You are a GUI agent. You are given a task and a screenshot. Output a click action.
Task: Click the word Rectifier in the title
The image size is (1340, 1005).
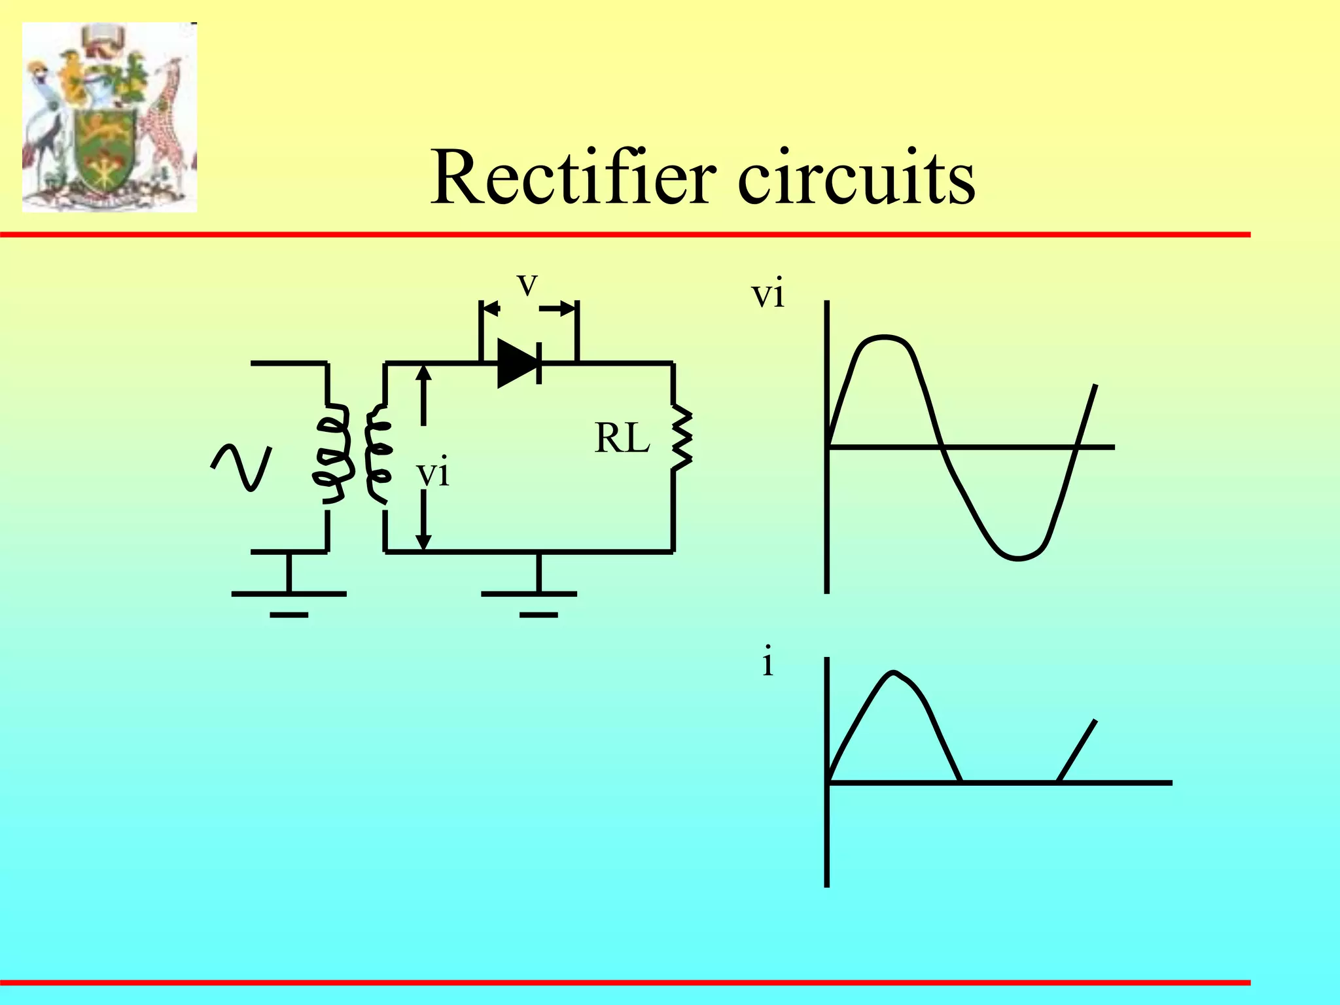[x=573, y=177]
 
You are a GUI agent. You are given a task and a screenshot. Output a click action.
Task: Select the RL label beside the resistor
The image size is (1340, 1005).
[x=622, y=438]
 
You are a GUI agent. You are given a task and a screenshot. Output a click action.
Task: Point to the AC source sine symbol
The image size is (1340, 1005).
[x=241, y=466]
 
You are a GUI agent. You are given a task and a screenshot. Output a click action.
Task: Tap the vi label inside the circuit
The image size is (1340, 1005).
[x=433, y=472]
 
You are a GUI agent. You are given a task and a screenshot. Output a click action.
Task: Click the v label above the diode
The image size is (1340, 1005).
[x=527, y=285]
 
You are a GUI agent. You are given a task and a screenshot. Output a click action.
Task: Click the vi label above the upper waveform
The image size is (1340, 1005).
[x=767, y=294]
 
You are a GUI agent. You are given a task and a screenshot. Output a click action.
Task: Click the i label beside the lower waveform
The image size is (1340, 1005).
[x=767, y=662]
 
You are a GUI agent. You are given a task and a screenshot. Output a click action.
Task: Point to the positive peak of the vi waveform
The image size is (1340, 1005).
[x=883, y=338]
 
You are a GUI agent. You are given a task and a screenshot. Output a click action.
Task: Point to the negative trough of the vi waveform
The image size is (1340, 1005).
[x=1017, y=558]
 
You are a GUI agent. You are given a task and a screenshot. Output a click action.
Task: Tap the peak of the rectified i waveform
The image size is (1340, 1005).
[x=893, y=673]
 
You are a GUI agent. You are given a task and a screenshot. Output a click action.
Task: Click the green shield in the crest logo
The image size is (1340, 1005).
[x=105, y=147]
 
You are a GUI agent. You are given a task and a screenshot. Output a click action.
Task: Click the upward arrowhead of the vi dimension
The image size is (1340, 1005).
[x=424, y=372]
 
